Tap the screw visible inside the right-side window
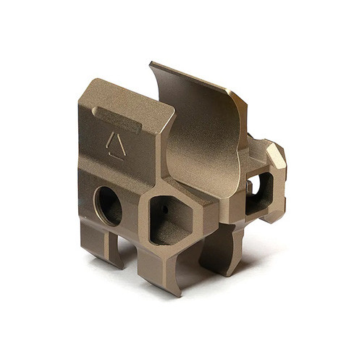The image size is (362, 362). [250, 187]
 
